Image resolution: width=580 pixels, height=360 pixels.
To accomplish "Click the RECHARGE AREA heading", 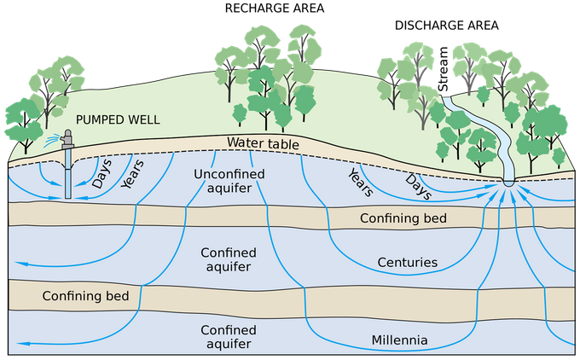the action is point(275,9).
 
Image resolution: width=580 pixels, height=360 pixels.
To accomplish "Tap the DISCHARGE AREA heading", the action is point(446,26).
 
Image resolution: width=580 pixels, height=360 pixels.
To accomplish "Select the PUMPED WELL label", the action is point(118,120).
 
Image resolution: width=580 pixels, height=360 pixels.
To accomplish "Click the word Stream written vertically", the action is point(443,69).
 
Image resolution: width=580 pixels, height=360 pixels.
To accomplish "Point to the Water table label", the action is point(263,143).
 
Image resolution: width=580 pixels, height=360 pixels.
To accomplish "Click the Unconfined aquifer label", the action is point(229,181).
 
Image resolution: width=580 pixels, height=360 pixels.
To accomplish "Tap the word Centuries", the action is point(407,263).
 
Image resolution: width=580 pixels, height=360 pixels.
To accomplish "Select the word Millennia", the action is point(399,340).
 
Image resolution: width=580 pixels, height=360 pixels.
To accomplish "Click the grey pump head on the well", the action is point(67,139).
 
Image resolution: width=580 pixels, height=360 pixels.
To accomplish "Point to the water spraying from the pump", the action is point(52,140).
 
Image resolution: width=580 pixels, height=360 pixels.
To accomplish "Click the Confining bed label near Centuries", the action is point(403,218).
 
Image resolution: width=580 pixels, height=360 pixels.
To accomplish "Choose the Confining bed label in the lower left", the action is point(85,296).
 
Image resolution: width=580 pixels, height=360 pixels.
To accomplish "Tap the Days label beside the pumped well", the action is point(101,173).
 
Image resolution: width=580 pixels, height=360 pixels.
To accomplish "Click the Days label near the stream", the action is point(418,187).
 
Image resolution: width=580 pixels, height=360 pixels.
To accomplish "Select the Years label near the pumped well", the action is point(132,175).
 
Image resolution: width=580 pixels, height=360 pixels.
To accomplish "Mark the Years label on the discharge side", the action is point(361,183).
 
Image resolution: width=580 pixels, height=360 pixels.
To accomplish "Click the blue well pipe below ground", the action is point(67,174).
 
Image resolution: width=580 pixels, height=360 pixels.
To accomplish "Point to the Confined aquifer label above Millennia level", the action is point(229,259).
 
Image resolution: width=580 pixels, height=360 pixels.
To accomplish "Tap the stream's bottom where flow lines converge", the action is point(508,183).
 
